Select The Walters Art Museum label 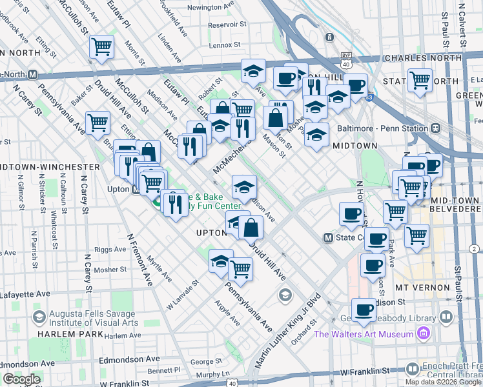364,334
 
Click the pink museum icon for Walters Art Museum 423,333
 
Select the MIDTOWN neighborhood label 355,146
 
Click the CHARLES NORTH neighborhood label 422,58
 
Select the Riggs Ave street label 110,249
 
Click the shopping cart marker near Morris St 101,47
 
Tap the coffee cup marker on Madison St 364,311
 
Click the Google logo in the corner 21,379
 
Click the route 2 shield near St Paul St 475,249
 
